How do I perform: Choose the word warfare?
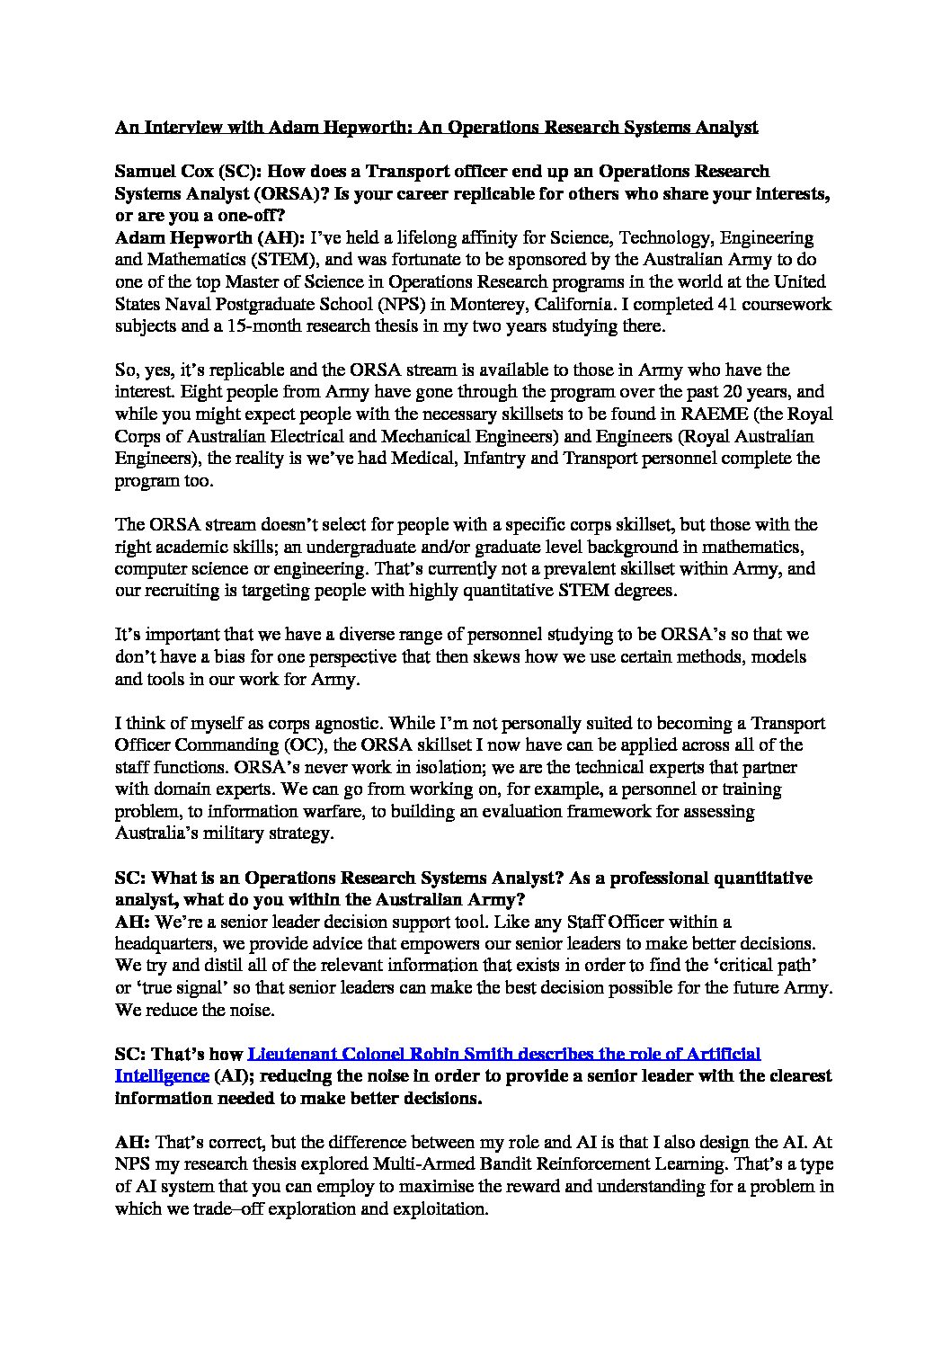(337, 811)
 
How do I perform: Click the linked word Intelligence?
(162, 1075)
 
